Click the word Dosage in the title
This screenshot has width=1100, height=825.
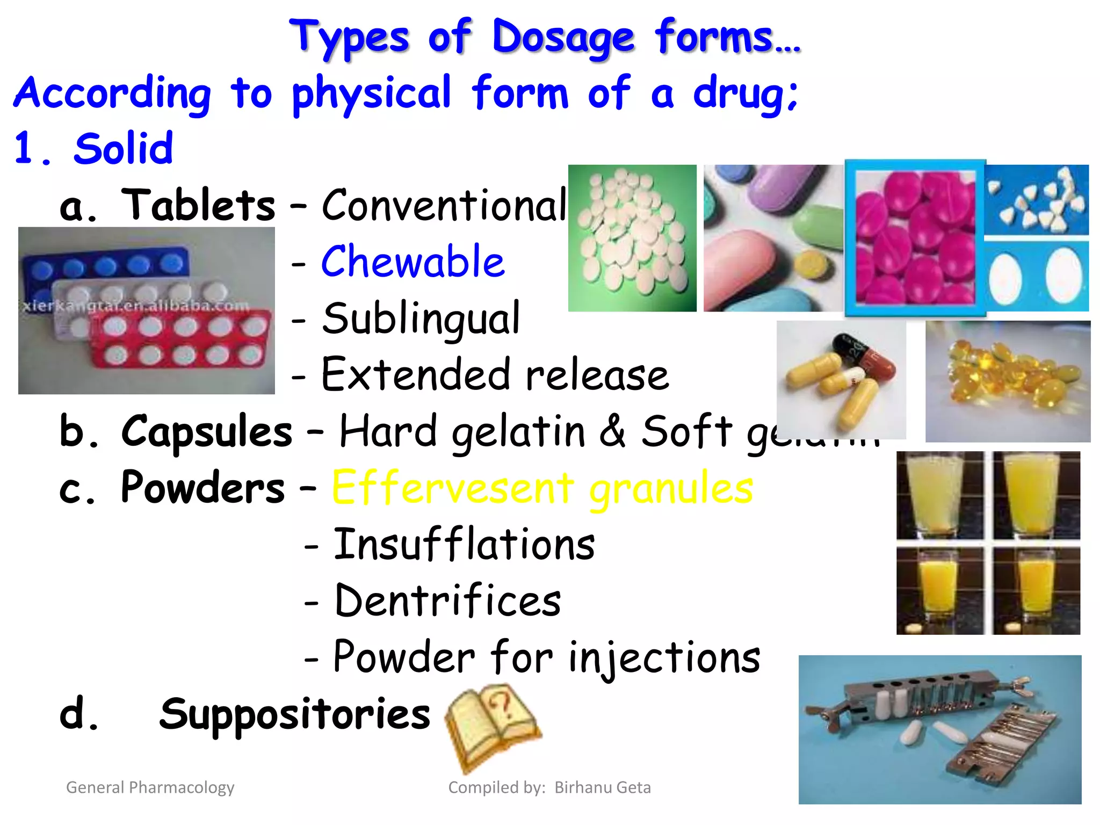563,38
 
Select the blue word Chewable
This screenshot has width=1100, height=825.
412,262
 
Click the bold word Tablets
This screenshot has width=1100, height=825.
198,205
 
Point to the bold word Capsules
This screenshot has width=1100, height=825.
207,431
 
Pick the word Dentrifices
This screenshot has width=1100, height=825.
447,600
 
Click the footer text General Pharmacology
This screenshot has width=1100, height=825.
150,787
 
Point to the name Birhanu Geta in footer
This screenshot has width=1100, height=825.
602,787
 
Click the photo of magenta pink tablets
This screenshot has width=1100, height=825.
915,238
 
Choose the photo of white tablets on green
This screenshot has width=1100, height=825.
632,238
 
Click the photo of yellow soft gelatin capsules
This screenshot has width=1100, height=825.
1007,381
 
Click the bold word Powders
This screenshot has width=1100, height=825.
202,488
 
